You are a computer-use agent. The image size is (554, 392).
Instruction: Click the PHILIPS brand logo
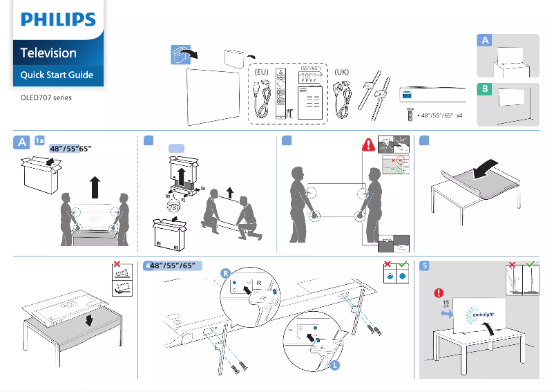click(x=57, y=19)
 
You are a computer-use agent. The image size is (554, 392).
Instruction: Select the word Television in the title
click(x=48, y=53)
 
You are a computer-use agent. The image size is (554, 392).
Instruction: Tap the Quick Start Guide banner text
click(x=57, y=75)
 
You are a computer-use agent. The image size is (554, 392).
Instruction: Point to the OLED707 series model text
click(x=46, y=97)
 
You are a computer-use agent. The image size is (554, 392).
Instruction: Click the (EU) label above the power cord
click(x=261, y=72)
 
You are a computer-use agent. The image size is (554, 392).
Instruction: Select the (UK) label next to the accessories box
click(x=341, y=72)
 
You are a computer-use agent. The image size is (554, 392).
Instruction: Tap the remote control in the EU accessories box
click(x=280, y=94)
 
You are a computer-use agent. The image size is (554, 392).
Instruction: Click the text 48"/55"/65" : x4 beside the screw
click(x=439, y=115)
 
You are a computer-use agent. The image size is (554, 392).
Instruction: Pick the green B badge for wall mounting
click(x=486, y=90)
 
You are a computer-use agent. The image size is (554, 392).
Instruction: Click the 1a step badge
click(x=40, y=141)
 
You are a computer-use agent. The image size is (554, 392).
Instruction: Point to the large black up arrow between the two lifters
click(x=95, y=187)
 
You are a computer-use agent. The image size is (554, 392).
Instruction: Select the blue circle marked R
click(x=225, y=273)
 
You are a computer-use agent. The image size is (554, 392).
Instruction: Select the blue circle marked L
click(x=336, y=366)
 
